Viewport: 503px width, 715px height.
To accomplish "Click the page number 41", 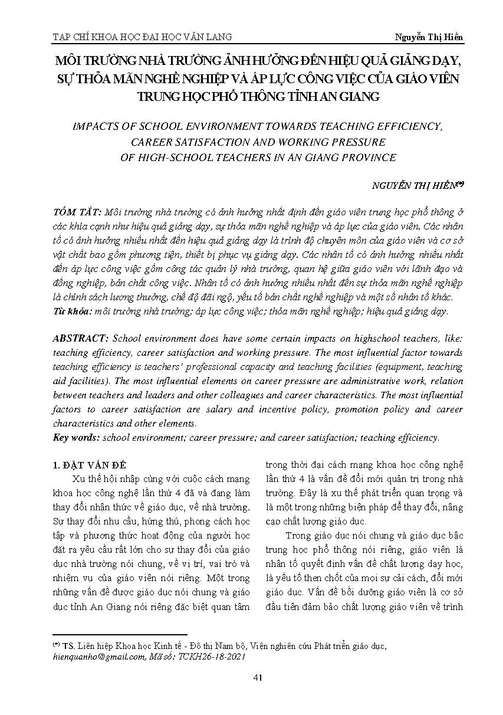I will click(x=257, y=677).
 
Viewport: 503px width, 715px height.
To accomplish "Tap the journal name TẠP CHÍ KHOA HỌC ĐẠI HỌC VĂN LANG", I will click(x=142, y=37).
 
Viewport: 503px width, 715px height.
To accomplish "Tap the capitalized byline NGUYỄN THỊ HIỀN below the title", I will click(x=413, y=185).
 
